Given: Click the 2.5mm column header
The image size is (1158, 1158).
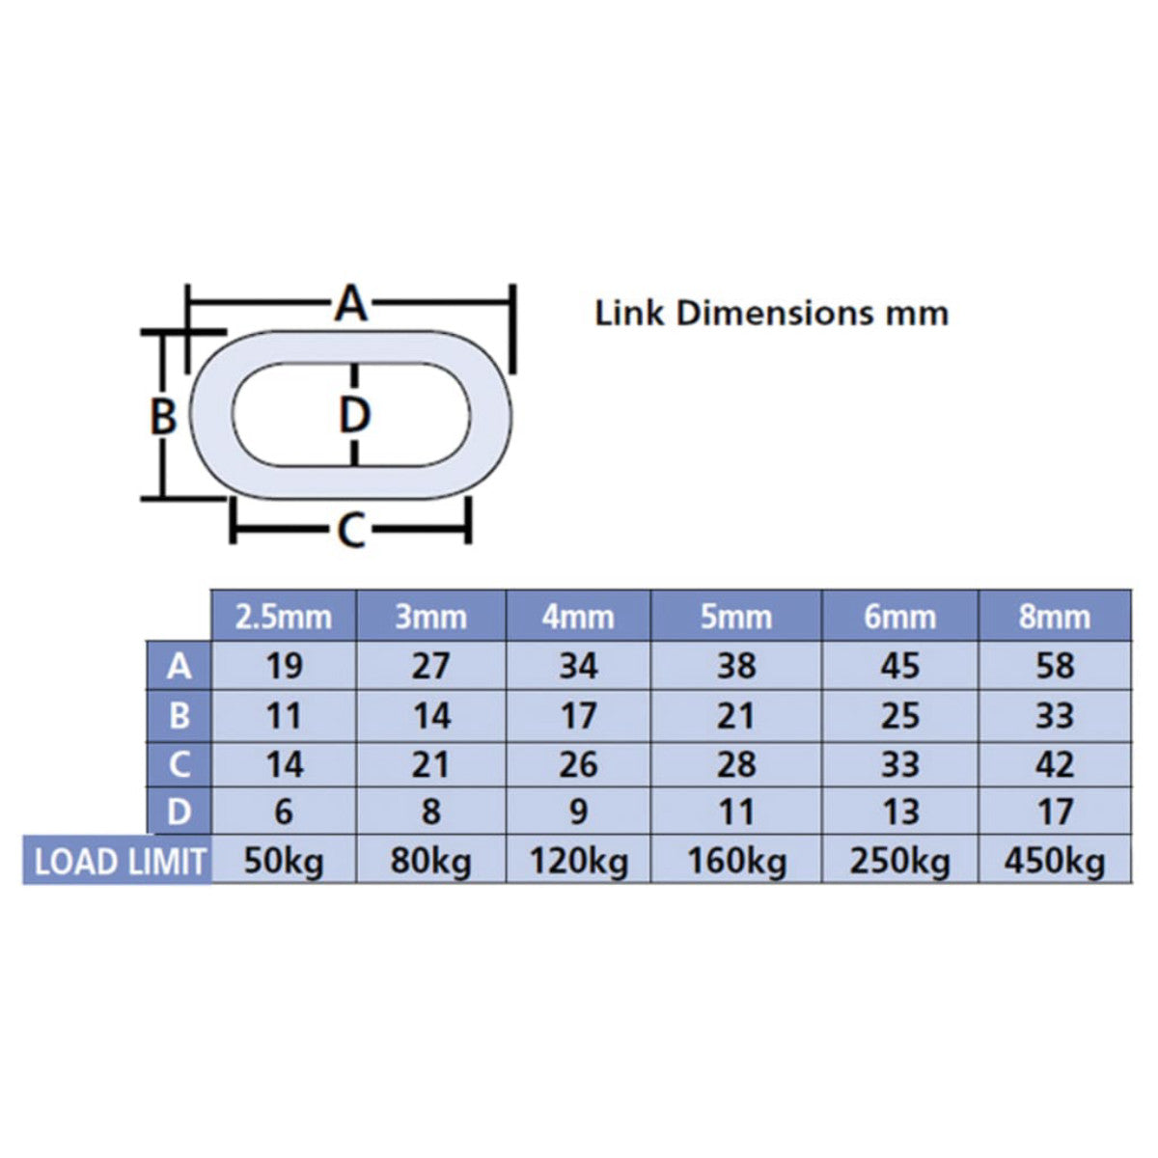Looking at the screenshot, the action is point(283,617).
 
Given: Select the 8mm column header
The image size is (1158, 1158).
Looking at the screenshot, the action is point(1054,617).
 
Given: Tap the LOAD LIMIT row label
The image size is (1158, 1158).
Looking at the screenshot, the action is point(120,862).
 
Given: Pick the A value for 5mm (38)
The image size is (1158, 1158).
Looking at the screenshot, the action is point(736,666).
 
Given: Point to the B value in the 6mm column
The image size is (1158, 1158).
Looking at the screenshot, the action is point(899,716).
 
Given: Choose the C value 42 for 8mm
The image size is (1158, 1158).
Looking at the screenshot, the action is point(1056,764).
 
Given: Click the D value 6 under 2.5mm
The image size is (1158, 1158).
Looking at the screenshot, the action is point(283,812).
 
